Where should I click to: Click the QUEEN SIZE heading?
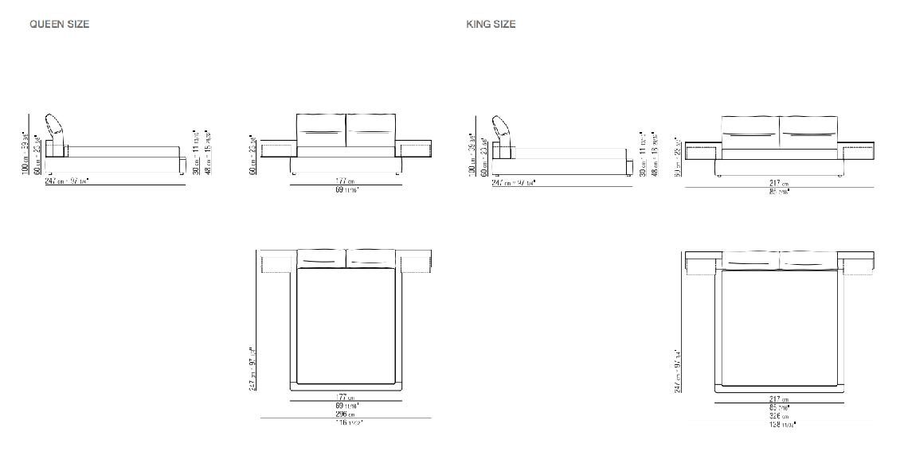(x=60, y=24)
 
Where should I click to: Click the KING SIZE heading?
(x=491, y=24)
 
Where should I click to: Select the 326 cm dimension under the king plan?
(x=779, y=415)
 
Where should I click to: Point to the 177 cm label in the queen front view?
(x=345, y=182)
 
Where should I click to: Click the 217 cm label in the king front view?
(x=779, y=183)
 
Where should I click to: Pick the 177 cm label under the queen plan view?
(x=346, y=398)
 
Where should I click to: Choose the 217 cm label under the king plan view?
(x=779, y=399)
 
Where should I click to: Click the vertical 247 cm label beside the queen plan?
(x=253, y=368)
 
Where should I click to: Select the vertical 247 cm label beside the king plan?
(x=678, y=370)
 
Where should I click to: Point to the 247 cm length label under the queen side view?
(x=67, y=181)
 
